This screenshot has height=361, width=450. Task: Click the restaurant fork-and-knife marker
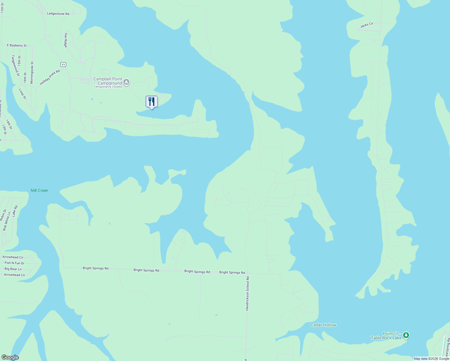pos(152,102)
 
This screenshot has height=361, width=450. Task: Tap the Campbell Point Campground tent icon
pos(127,82)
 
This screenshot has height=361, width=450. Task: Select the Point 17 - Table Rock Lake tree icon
pos(406,335)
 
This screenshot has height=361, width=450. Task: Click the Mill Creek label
pos(39,190)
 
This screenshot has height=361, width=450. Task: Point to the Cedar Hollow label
pos(323,325)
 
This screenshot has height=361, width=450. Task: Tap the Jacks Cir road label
pos(367,25)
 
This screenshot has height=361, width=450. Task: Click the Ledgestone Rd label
pos(58,14)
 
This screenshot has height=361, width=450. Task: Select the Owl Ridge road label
pos(66,40)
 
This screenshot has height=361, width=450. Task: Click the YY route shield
pos(63,65)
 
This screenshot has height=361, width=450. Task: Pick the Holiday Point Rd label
pos(50,77)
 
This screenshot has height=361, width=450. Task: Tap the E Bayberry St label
pos(17,45)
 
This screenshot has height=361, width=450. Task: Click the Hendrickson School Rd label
pos(247,293)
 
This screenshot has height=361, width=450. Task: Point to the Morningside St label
pos(32,73)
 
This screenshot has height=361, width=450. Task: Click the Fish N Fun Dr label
pos(14,263)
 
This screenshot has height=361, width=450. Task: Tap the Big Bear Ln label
pos(13,269)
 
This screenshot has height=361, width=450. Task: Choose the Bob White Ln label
pos(7,221)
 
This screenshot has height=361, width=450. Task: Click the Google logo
pos(10,357)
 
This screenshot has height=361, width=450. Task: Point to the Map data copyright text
pos(431,359)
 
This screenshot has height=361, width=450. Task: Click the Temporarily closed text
pos(108,87)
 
